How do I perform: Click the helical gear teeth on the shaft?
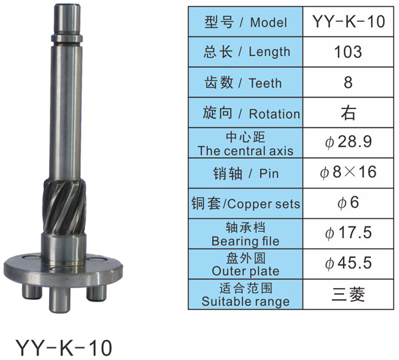64,206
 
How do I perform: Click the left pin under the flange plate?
31,291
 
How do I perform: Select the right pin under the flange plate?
96,293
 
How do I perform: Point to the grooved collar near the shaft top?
67,38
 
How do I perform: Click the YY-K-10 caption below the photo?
64,348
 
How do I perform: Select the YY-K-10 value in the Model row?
348,22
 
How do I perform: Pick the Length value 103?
348,52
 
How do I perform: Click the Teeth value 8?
348,83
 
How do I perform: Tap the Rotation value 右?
348,112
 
